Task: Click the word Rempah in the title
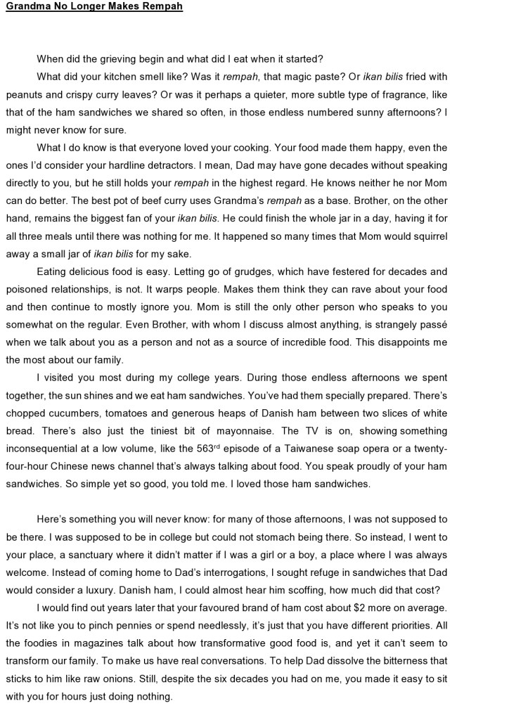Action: [161, 7]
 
